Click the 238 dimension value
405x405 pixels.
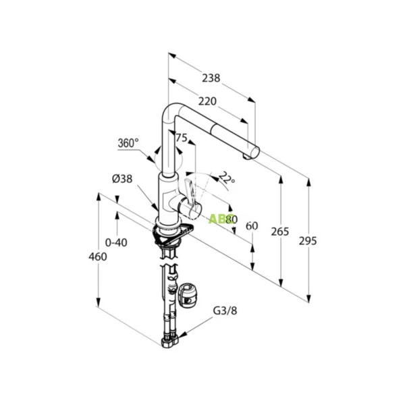click(211, 78)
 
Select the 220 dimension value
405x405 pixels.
click(207, 101)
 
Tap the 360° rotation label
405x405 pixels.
click(128, 143)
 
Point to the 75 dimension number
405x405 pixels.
click(181, 138)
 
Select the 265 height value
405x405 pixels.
click(279, 232)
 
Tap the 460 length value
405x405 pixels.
click(99, 256)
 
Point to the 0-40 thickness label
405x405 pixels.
click(117, 241)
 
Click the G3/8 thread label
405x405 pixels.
click(225, 311)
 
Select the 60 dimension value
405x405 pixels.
click(252, 225)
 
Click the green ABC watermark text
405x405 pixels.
click(220, 219)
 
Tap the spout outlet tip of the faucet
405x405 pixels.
click(254, 151)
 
